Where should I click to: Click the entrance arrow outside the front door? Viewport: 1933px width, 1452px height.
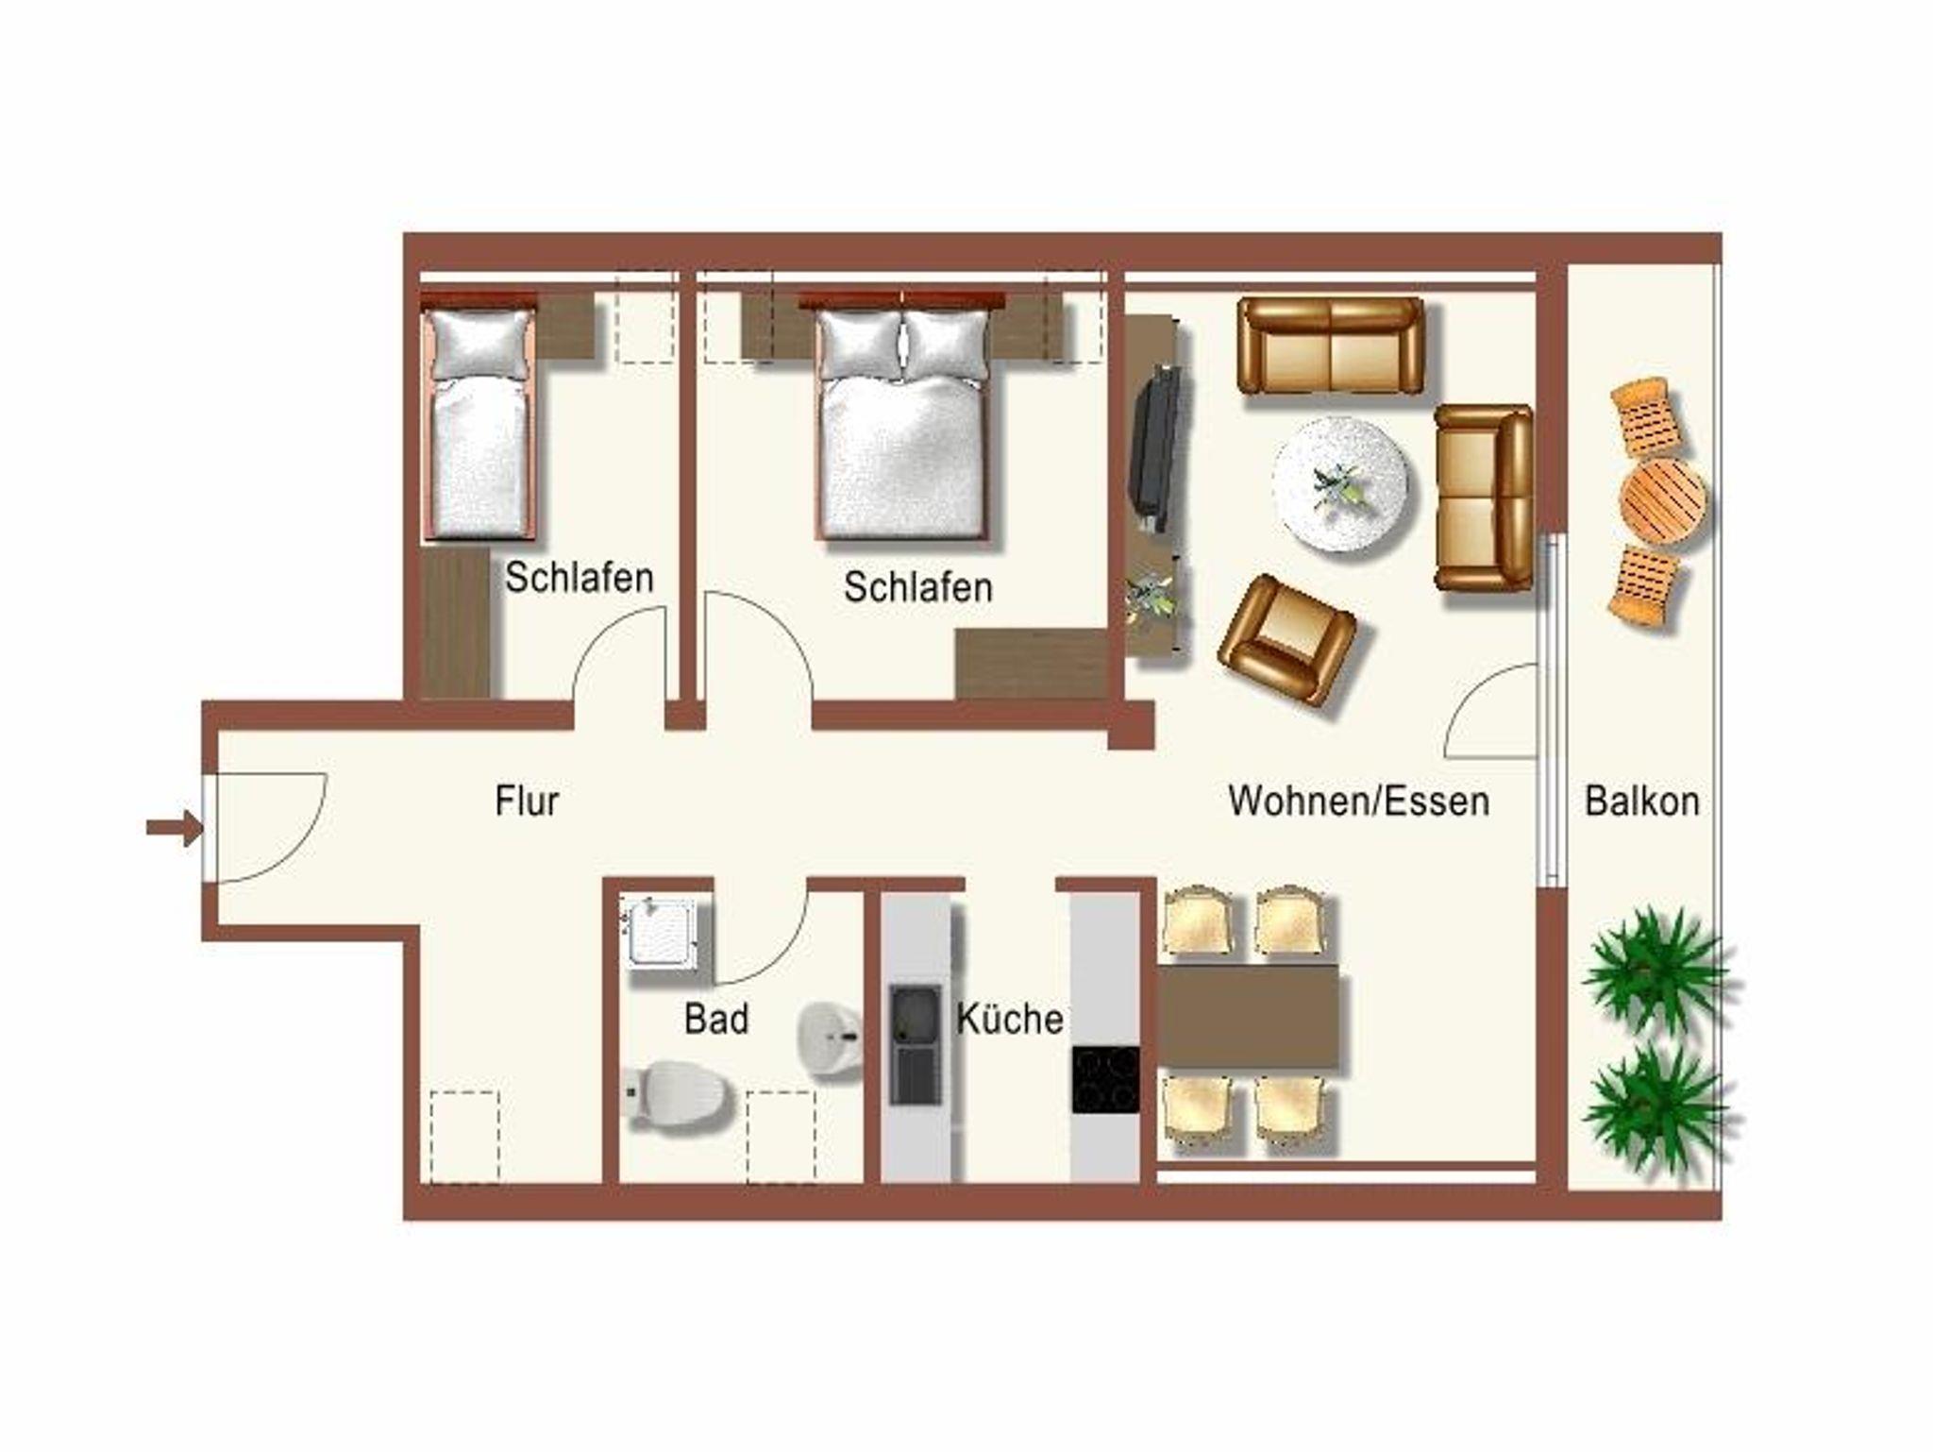coord(175,828)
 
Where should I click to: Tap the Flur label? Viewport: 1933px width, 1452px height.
coord(527,801)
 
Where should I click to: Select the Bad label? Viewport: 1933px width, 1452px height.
coord(716,1019)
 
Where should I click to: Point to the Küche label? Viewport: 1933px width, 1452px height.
coord(1010,1019)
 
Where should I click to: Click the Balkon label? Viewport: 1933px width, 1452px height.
coord(1642,801)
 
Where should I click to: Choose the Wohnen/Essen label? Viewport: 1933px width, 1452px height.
coord(1359,801)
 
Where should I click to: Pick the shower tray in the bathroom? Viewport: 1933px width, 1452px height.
coord(660,934)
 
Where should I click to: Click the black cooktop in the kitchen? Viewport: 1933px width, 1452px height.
coord(1105,1079)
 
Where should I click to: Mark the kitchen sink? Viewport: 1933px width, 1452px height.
coord(916,1044)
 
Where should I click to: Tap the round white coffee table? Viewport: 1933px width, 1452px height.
coord(1340,483)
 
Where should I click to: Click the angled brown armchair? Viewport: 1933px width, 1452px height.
coord(1287,639)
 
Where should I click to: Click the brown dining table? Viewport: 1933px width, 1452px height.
coord(1248,1017)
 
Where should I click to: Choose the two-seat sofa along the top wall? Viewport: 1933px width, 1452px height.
coord(1331,346)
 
